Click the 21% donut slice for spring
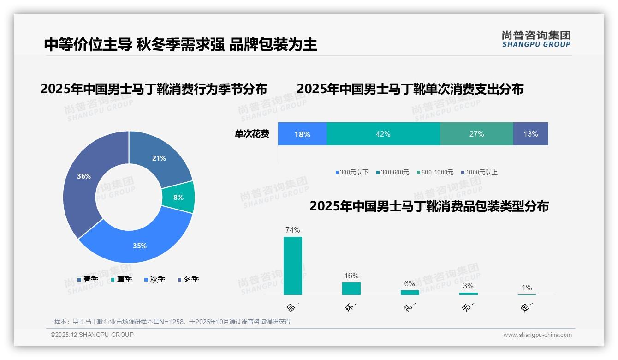(x=159, y=158)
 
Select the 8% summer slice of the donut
(x=178, y=197)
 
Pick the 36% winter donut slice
(x=84, y=176)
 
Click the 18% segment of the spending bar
(x=302, y=134)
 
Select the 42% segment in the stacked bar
(x=383, y=134)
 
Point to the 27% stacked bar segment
(x=476, y=134)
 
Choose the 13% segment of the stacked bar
(x=530, y=134)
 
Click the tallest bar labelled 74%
(x=293, y=266)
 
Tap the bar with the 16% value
(x=351, y=288)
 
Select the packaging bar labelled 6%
(x=410, y=292)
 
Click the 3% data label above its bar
(x=468, y=286)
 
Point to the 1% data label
(x=527, y=288)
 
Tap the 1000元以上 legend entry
(x=481, y=172)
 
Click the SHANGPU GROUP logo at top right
(x=536, y=39)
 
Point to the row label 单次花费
(x=252, y=134)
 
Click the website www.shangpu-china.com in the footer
(x=537, y=335)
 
